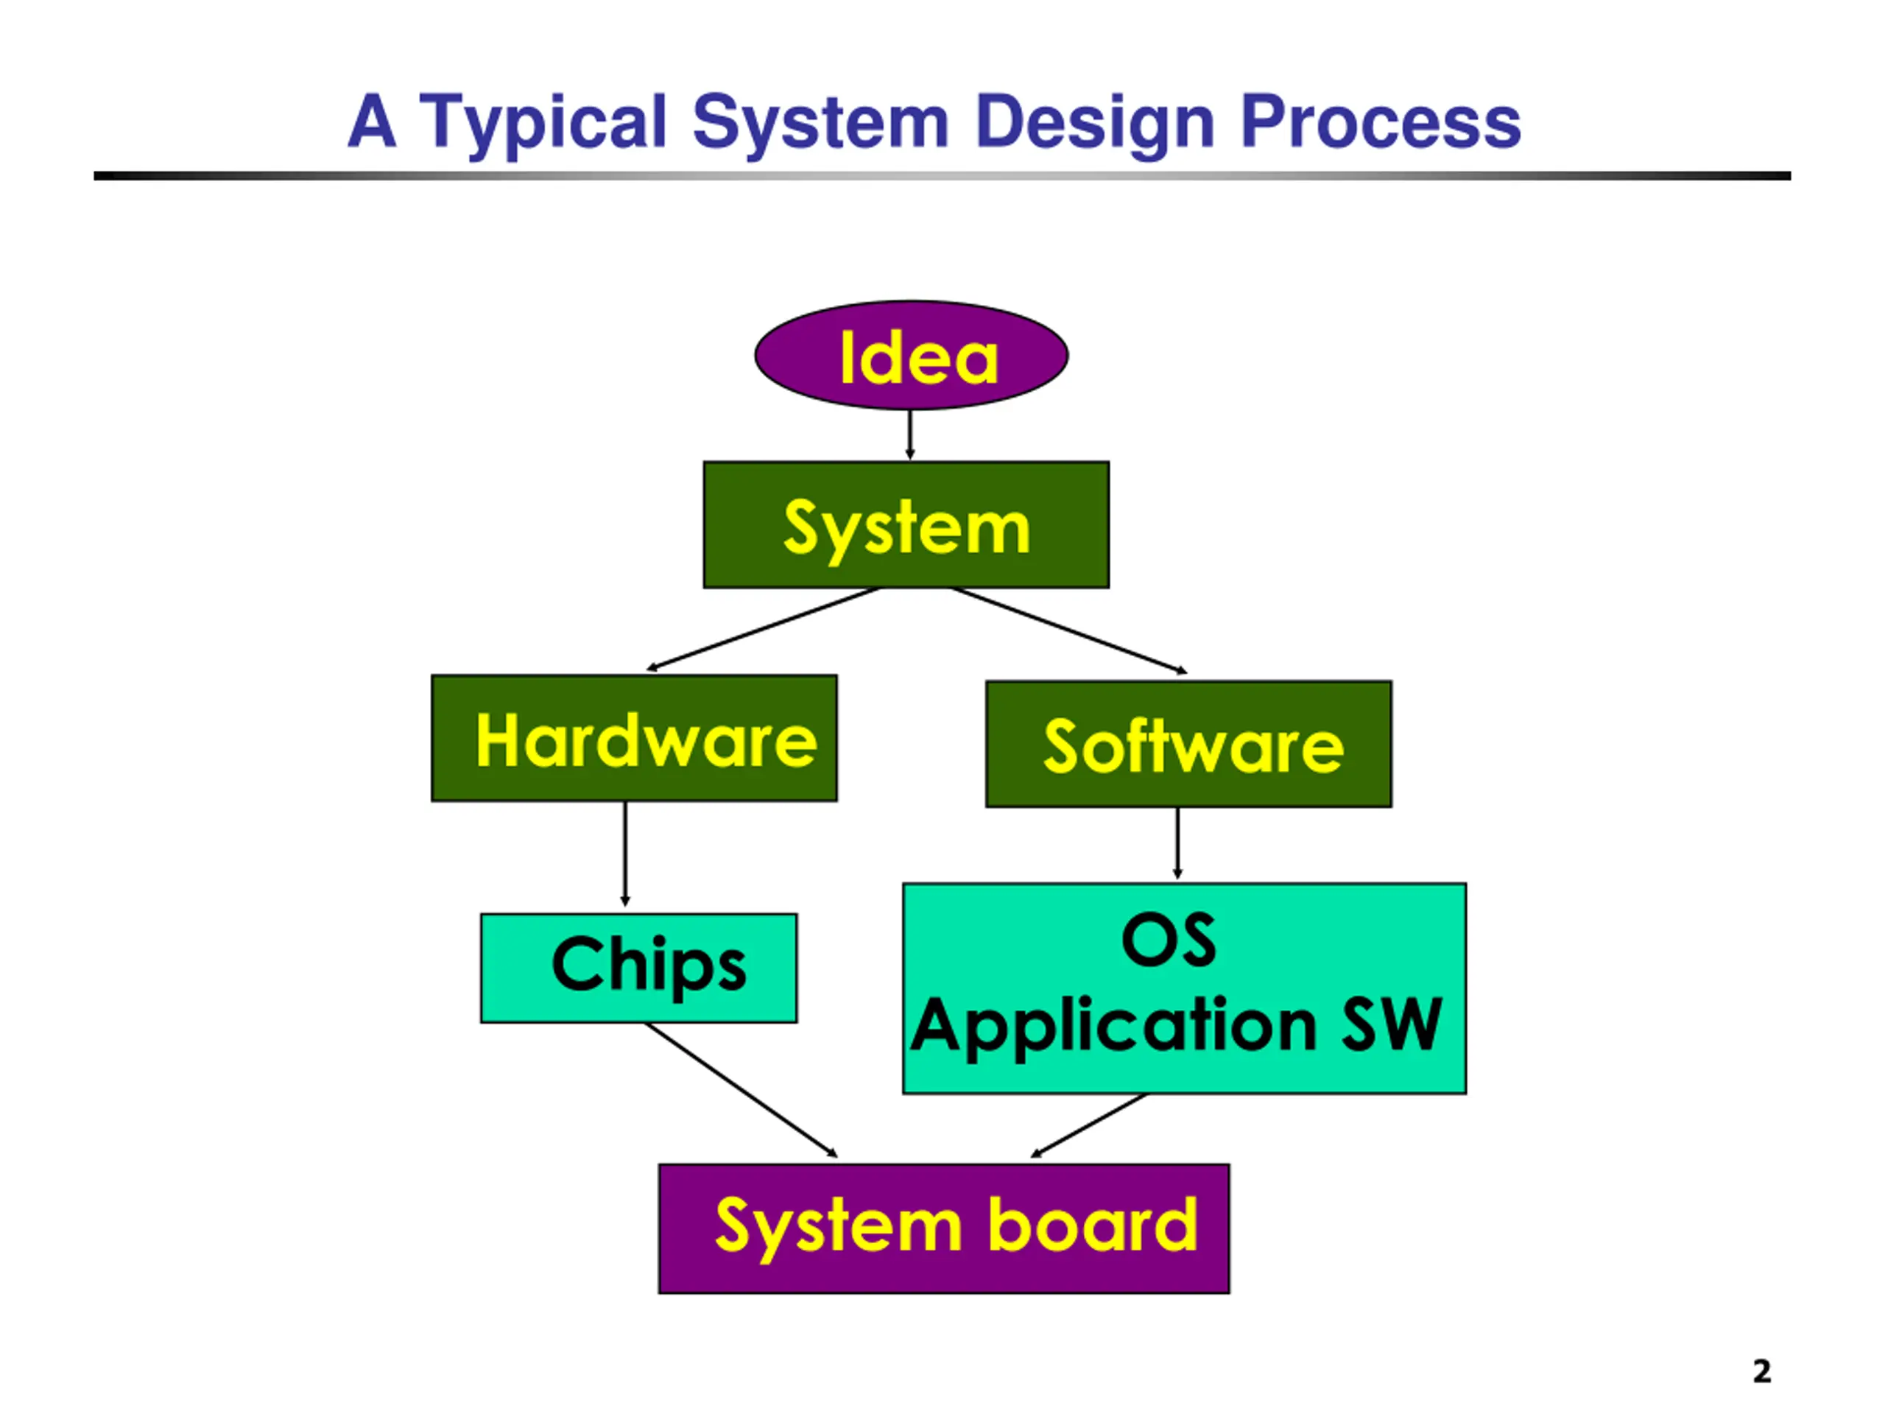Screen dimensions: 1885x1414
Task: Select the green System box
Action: tap(906, 525)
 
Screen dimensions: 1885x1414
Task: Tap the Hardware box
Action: tap(634, 738)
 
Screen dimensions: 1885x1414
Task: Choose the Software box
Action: tap(1188, 744)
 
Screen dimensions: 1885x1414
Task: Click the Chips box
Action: tap(639, 968)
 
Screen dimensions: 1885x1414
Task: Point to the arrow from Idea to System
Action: tap(910, 435)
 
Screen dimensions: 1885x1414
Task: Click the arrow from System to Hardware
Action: tap(763, 630)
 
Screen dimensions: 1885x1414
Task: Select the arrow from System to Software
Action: tap(1069, 630)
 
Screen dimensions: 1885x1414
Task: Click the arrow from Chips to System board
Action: tap(741, 1090)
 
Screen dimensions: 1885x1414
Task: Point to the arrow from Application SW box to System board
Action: tap(1089, 1126)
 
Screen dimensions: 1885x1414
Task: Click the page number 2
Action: tap(1762, 1371)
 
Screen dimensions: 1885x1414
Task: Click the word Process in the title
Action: tap(1381, 122)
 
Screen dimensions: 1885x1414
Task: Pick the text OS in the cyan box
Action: tap(1169, 940)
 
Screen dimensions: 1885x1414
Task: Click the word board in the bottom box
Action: tap(1093, 1225)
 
